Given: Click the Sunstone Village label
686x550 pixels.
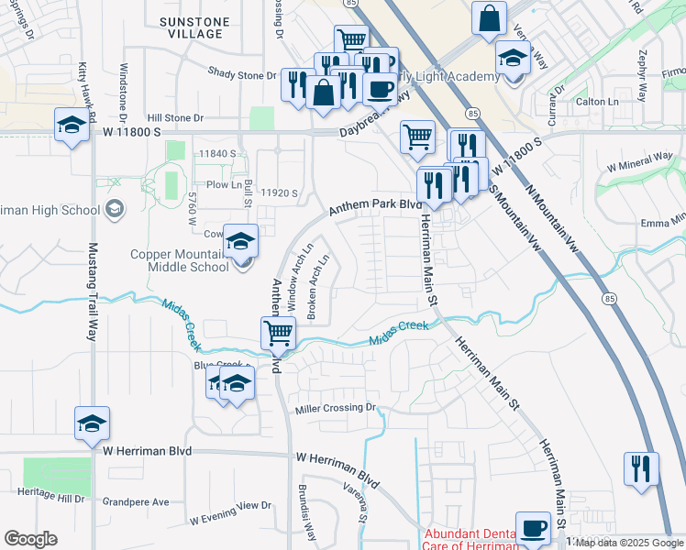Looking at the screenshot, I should [x=191, y=27].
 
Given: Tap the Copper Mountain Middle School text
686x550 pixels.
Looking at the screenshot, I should [x=191, y=260].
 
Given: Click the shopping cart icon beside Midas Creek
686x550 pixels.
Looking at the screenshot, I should [x=278, y=333].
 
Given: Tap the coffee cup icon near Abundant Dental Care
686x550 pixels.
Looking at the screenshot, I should [x=533, y=528].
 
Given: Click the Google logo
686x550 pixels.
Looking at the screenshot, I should [x=30, y=538].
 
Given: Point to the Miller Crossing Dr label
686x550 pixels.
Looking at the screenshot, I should [x=336, y=408].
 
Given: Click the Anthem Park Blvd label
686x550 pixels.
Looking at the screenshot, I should [x=370, y=206].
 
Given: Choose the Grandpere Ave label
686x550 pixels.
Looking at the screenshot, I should [x=136, y=502].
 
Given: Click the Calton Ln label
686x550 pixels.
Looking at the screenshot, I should [x=596, y=102].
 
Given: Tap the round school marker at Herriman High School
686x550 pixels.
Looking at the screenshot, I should [x=114, y=210].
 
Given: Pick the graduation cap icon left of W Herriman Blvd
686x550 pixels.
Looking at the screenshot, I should [x=92, y=423].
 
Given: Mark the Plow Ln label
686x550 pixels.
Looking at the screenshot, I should [x=224, y=184].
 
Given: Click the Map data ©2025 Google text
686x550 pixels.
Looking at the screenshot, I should [x=629, y=543].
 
